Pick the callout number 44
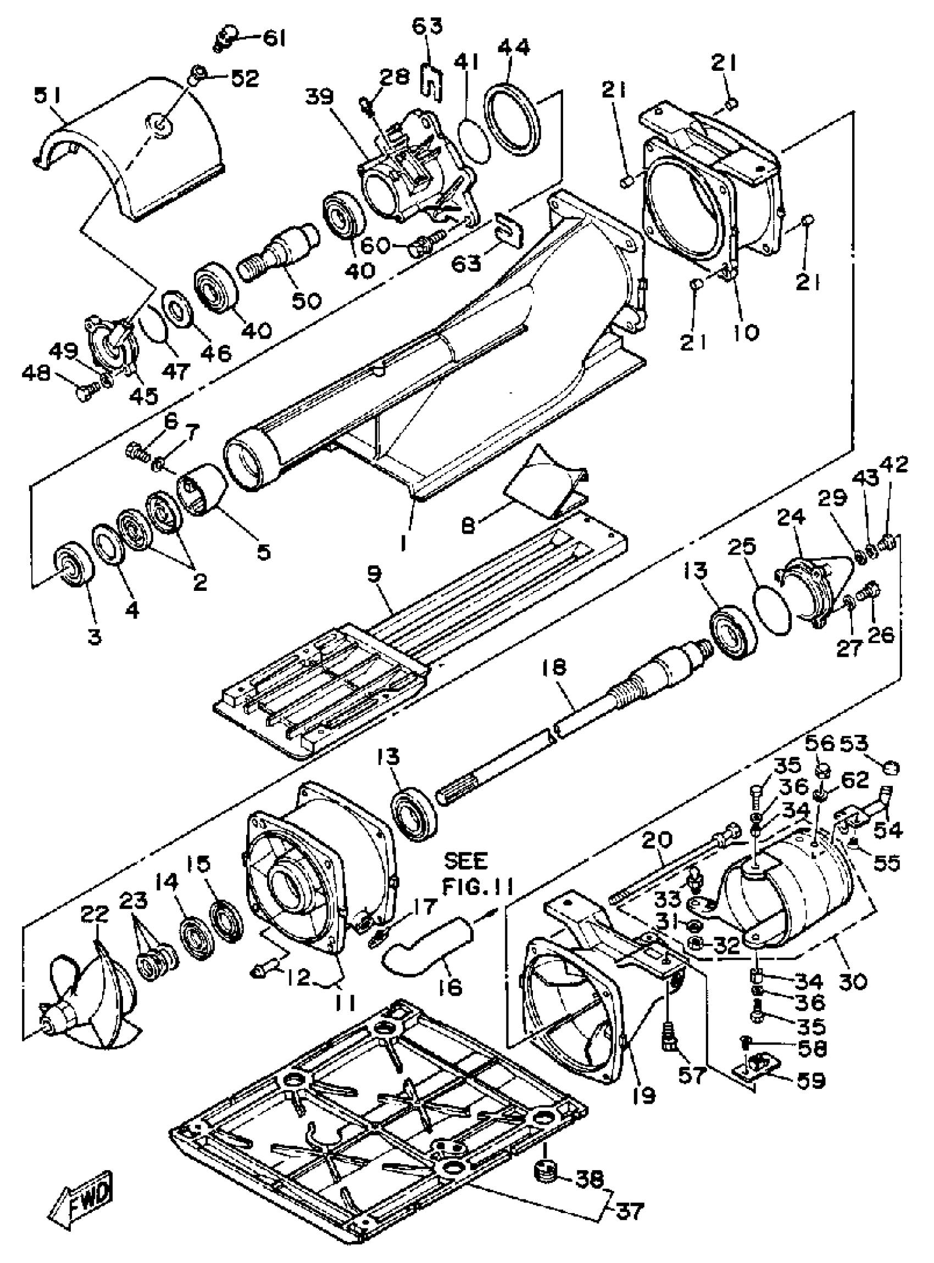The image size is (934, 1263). point(514,47)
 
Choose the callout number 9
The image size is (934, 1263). point(374,574)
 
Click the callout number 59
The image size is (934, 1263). point(810,1080)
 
